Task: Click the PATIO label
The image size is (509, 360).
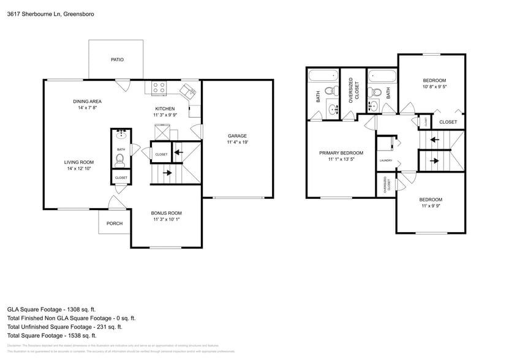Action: coord(117,60)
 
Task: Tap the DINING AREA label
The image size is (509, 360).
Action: coord(87,101)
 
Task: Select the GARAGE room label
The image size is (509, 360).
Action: coord(237,136)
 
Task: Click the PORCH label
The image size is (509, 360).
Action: coord(115,223)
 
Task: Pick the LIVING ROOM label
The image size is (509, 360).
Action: coord(78,162)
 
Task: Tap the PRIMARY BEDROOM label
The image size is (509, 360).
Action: coord(341,152)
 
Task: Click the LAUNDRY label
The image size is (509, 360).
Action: coord(385,160)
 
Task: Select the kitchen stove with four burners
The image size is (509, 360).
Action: coord(159,88)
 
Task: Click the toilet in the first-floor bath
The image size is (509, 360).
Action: coord(120,161)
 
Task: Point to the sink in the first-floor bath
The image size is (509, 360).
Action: coord(120,133)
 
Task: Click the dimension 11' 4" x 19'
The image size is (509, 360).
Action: coord(237,142)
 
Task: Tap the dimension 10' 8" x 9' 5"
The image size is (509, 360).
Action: coord(434,86)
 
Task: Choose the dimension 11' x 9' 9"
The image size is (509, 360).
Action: coord(431,206)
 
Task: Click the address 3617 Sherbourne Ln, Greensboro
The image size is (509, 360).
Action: coord(42,13)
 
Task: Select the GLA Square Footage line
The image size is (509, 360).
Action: coord(51,310)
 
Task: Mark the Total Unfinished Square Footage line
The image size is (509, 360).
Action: coord(71,327)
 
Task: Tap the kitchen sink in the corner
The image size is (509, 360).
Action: coord(187,92)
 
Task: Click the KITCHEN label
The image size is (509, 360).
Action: coord(165,108)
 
